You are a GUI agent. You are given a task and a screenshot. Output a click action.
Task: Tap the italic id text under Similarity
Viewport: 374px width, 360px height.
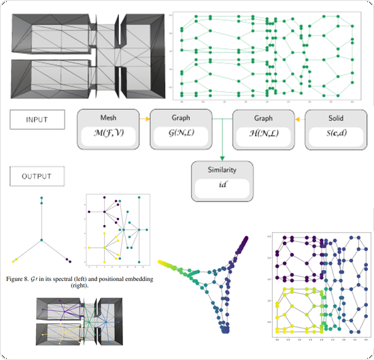click(x=223, y=185)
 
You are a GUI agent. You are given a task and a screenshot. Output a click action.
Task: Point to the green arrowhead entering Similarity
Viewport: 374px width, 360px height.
click(x=223, y=156)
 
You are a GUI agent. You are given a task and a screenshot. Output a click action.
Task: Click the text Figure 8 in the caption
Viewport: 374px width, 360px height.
click(x=24, y=279)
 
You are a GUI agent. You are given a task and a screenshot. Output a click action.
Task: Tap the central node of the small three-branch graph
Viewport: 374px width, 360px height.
click(x=42, y=240)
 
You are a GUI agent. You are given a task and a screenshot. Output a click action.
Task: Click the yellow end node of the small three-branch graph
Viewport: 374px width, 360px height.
click(x=16, y=259)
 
